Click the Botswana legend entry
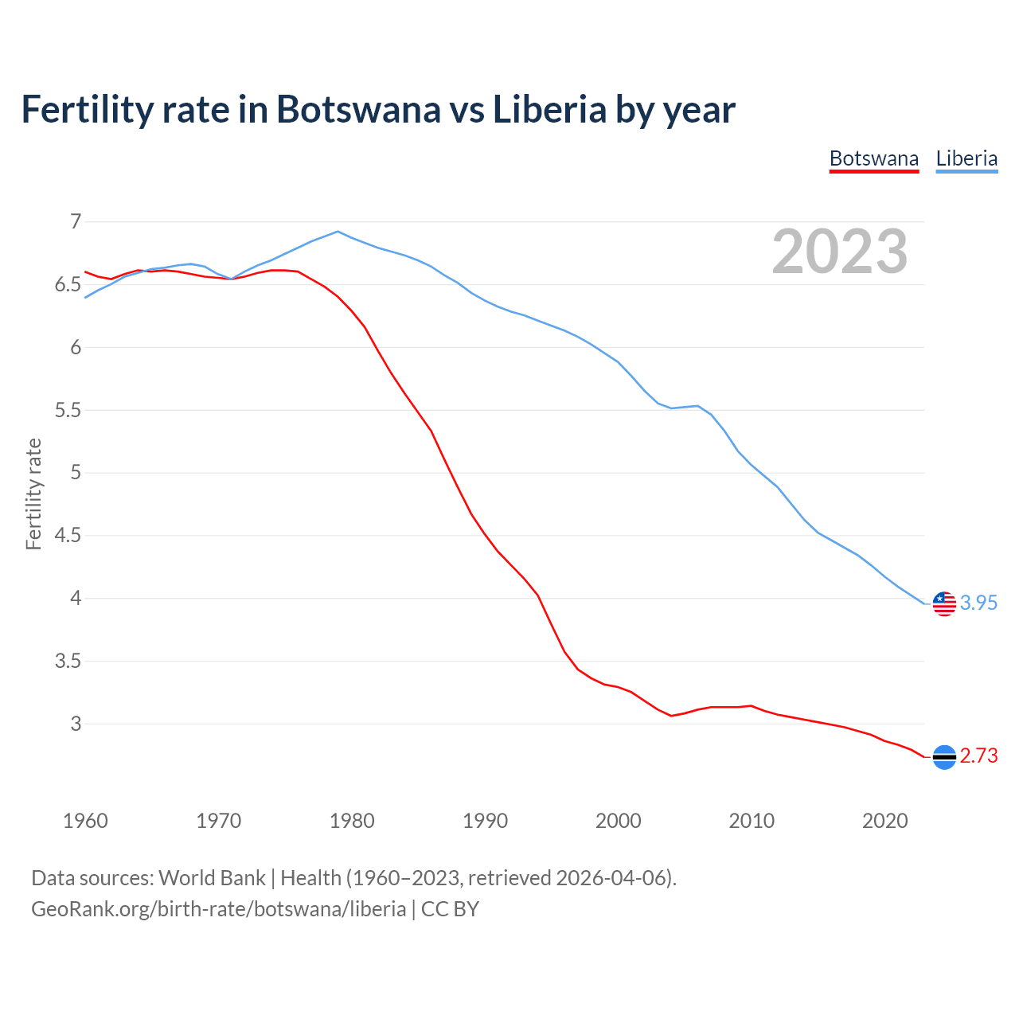873,158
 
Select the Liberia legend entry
966,158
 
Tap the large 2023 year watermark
839,252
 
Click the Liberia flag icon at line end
944,603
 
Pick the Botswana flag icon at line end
944,756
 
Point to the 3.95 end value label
978,603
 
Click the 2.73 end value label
978,756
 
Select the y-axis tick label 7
76,222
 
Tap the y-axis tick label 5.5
68,411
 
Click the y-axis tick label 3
76,724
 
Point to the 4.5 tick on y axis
68,536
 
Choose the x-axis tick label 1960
85,821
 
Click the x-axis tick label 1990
485,821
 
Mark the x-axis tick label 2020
884,821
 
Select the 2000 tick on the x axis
618,821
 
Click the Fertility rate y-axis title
33,494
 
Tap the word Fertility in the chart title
85,110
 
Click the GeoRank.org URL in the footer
218,909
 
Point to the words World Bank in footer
212,878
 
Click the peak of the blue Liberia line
338,232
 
